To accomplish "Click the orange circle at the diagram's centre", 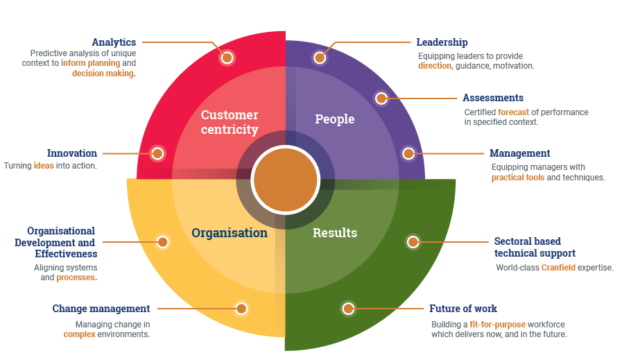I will [x=285, y=180].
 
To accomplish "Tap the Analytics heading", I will [x=114, y=42].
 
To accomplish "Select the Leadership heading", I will [x=442, y=42].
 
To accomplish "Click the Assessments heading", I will [x=493, y=98].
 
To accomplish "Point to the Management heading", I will [x=519, y=153].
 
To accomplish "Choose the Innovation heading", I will [x=72, y=153].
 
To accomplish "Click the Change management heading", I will [x=101, y=309].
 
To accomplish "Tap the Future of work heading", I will [x=463, y=309].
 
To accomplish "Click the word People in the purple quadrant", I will [x=335, y=119].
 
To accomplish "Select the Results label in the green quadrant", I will [x=335, y=233].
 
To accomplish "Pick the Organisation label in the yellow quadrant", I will [x=230, y=233].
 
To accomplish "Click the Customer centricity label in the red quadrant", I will [x=230, y=122].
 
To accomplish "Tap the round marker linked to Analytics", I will [x=227, y=58].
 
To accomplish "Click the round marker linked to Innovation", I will [x=157, y=153].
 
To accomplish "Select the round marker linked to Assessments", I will [x=381, y=98].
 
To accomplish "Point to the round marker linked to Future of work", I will [x=348, y=309].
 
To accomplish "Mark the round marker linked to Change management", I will [x=241, y=309].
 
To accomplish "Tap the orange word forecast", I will [x=513, y=112].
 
